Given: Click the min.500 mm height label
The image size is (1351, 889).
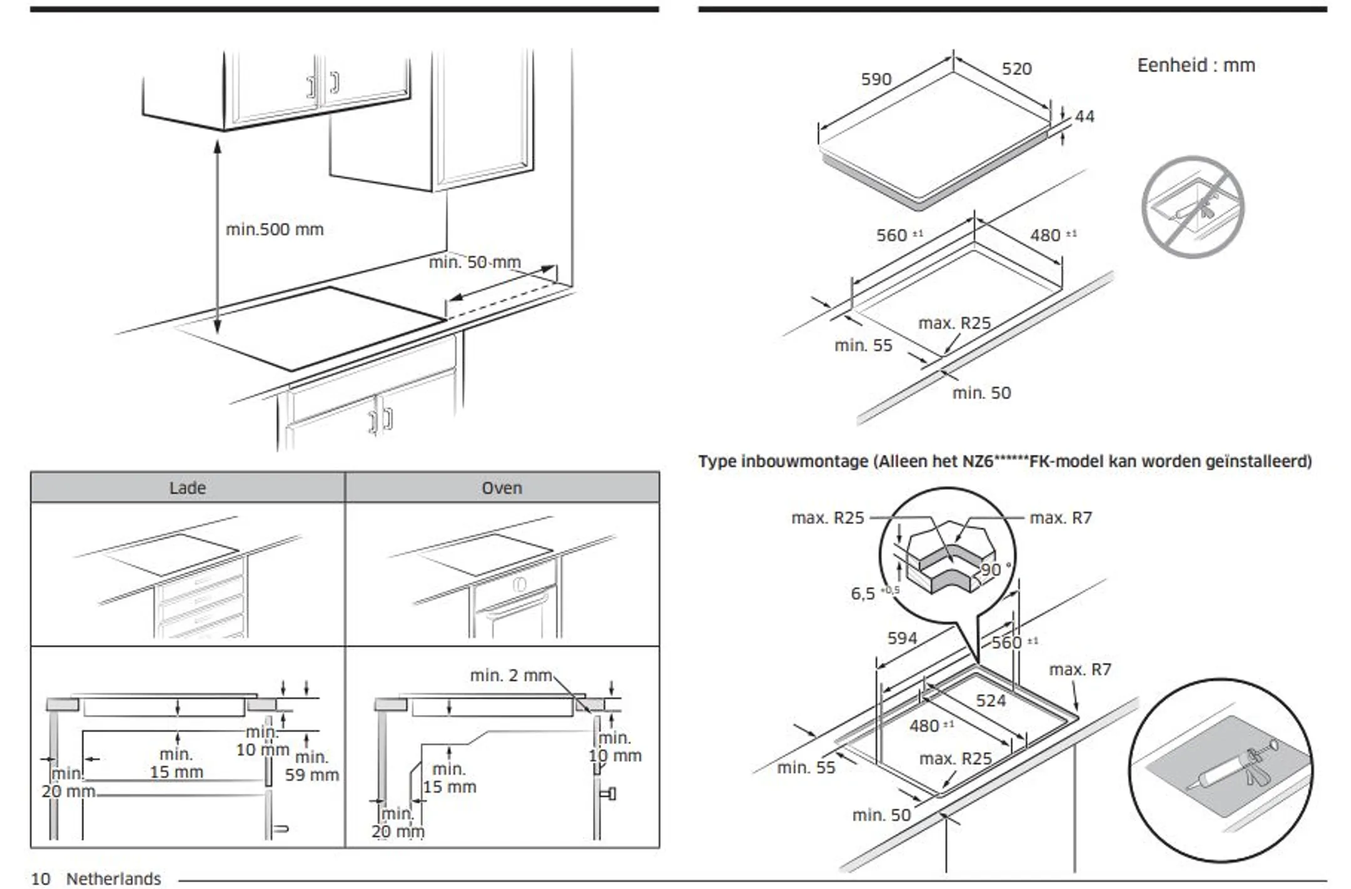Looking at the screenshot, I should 275,230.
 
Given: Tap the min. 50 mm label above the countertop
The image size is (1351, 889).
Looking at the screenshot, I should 474,262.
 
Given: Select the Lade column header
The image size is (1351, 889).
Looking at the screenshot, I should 187,488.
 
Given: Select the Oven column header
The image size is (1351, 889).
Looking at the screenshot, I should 502,488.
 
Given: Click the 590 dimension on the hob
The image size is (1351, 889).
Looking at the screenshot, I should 876,79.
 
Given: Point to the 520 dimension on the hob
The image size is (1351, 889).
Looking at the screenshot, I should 1016,69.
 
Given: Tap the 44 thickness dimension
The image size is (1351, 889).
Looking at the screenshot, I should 1085,116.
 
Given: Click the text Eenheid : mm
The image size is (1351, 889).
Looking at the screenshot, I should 1195,65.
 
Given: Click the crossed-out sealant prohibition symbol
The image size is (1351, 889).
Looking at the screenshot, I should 1192,207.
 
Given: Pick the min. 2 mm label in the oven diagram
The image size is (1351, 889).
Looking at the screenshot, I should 510,676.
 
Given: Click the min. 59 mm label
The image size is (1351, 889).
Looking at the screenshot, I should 311,766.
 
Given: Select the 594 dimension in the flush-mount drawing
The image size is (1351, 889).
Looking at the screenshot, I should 902,638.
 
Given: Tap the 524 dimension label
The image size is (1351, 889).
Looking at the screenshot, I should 991,701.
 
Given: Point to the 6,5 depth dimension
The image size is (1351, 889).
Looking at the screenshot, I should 864,594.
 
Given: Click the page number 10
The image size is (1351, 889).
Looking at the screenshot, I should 41,879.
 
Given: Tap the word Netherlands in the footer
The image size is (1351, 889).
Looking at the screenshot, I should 113,879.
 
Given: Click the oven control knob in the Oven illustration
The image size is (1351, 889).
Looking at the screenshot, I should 519,585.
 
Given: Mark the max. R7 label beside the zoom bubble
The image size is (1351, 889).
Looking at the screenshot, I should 1060,518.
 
